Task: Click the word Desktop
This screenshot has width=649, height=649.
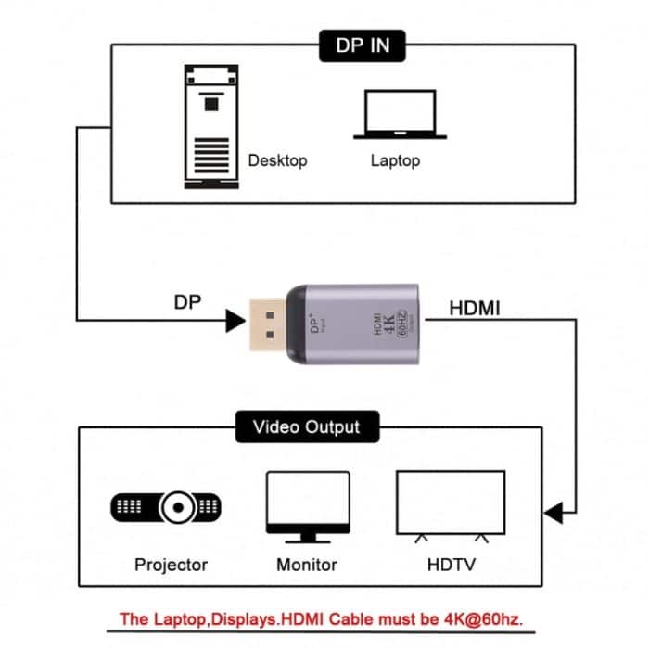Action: [277, 160]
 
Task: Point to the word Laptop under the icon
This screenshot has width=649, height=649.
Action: [395, 160]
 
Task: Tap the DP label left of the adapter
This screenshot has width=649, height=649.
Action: [187, 303]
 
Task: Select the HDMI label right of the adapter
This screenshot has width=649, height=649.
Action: [475, 308]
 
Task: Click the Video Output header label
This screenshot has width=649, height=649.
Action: [306, 427]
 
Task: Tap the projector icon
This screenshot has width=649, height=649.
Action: [168, 506]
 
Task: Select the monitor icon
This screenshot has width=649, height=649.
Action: [308, 506]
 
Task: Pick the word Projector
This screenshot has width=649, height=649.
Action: [171, 564]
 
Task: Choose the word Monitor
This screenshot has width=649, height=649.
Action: [308, 564]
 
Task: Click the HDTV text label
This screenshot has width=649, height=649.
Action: [452, 564]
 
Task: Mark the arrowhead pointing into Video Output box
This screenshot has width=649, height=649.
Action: [553, 512]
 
